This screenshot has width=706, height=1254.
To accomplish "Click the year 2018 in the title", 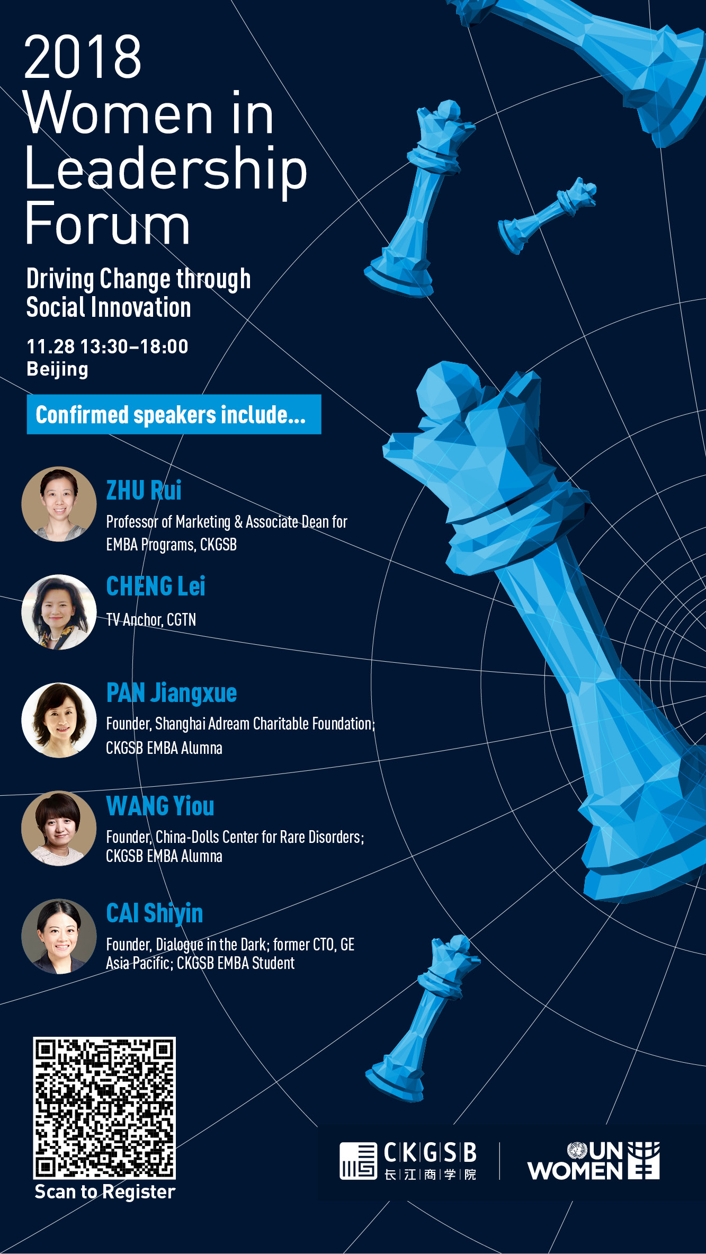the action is click(83, 57).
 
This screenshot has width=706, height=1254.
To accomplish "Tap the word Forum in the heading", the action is click(108, 224).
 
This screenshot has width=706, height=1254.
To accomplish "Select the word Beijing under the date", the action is click(57, 370).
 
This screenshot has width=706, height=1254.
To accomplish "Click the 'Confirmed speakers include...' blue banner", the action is click(174, 414).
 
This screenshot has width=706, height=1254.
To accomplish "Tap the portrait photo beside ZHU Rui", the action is click(59, 504).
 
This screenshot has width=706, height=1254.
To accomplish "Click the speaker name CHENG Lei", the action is click(156, 586).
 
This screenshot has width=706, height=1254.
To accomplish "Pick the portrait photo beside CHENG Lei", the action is click(59, 612).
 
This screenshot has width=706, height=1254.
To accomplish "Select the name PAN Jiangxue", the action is click(172, 693).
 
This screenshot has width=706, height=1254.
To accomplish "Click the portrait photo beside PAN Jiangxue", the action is click(59, 720).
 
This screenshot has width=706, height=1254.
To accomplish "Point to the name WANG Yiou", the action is click(160, 806).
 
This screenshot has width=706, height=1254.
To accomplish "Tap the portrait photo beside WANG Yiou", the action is click(59, 828).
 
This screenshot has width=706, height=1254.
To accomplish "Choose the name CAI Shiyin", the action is click(155, 913).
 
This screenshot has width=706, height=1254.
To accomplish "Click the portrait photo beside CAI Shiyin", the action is click(59, 936).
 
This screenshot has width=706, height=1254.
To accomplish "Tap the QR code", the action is click(104, 1108).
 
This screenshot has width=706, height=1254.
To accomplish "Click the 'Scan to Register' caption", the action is click(105, 1192).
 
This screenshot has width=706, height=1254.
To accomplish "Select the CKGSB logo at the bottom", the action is click(408, 1161).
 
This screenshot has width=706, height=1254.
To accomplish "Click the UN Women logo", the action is click(593, 1161).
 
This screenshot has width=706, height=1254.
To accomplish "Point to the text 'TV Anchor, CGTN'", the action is click(151, 620).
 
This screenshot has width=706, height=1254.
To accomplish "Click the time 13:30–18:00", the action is click(134, 346).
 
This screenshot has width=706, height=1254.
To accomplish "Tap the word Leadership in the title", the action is click(166, 168).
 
